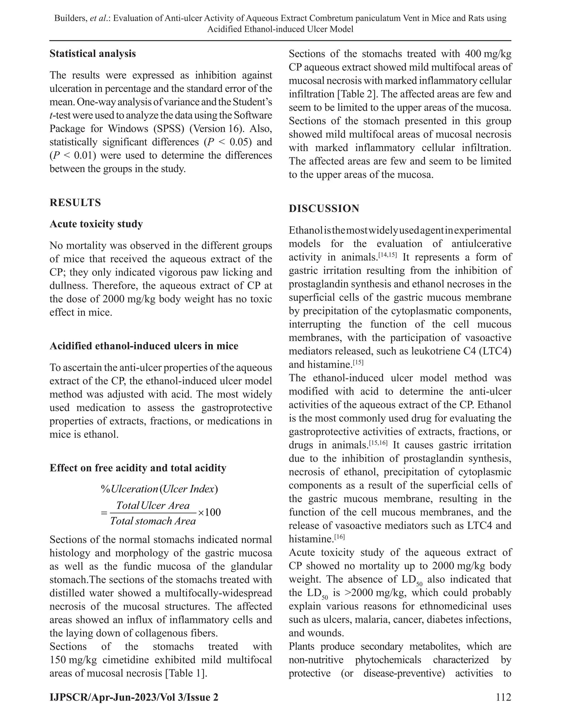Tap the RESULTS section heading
[x=75, y=202]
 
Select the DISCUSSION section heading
[x=324, y=208]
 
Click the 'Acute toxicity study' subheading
[x=96, y=224]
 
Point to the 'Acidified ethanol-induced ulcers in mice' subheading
[x=144, y=346]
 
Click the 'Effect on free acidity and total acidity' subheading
[x=138, y=468]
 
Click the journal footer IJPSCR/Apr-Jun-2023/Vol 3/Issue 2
[x=134, y=697]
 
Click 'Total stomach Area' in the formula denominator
[x=153, y=521]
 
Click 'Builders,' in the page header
[x=70, y=18]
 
